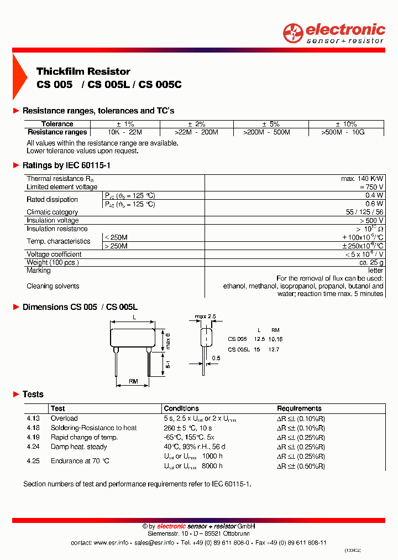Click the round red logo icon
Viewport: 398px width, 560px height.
click(293, 33)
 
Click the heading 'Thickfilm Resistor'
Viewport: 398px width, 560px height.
click(83, 71)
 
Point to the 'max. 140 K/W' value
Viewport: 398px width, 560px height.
click(362, 179)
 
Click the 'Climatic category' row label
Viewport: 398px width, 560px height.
click(53, 212)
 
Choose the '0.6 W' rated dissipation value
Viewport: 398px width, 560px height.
click(374, 204)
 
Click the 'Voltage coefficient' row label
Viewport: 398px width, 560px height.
click(54, 255)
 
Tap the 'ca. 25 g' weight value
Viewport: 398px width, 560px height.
click(370, 262)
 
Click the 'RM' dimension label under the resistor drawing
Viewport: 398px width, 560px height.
click(133, 381)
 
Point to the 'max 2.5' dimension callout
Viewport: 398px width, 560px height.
click(205, 317)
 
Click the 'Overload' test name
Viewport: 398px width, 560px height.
click(64, 418)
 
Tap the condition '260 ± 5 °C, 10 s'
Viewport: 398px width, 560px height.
click(188, 428)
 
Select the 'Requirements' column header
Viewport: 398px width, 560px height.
click(299, 408)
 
